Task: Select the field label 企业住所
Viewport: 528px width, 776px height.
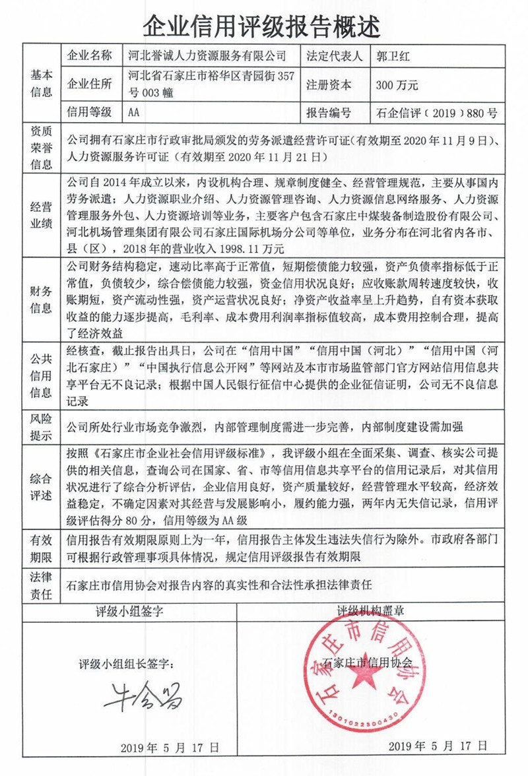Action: point(90,84)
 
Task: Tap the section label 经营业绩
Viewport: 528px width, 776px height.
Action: point(40,214)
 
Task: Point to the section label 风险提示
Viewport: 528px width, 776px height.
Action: point(40,426)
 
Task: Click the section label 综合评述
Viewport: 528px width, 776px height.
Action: point(40,486)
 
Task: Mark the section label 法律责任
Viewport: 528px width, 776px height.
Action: point(40,585)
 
